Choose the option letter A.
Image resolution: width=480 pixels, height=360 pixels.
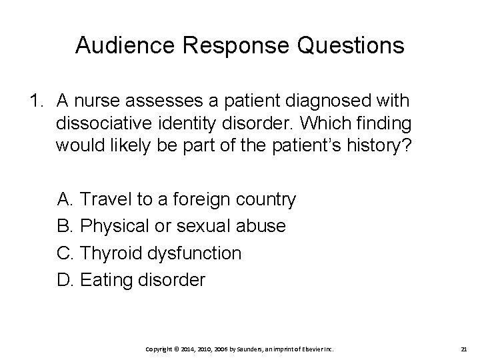click(x=65, y=199)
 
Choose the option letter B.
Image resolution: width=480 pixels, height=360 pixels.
click(x=65, y=226)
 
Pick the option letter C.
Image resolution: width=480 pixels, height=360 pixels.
click(x=65, y=253)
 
